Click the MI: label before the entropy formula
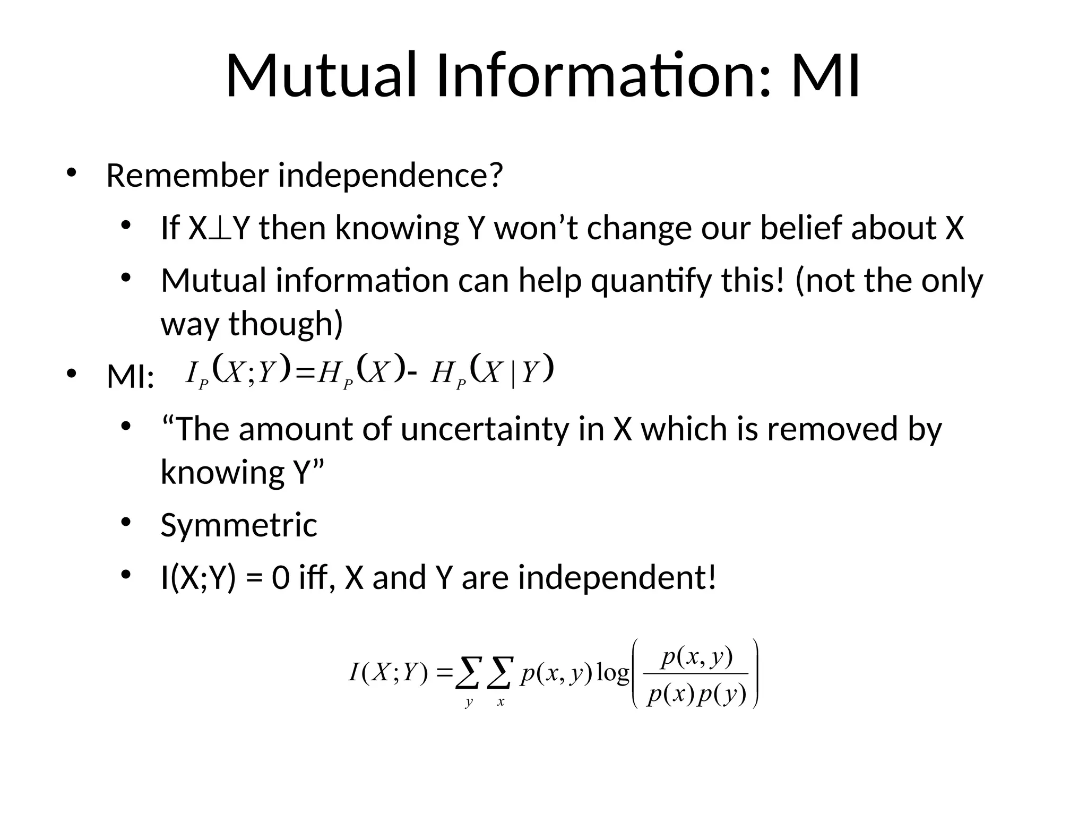click(131, 377)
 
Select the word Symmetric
click(239, 525)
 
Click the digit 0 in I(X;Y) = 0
click(281, 578)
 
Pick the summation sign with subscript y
click(469, 673)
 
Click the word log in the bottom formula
click(612, 673)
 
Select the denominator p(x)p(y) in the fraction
click(696, 694)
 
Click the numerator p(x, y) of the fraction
click(697, 657)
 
